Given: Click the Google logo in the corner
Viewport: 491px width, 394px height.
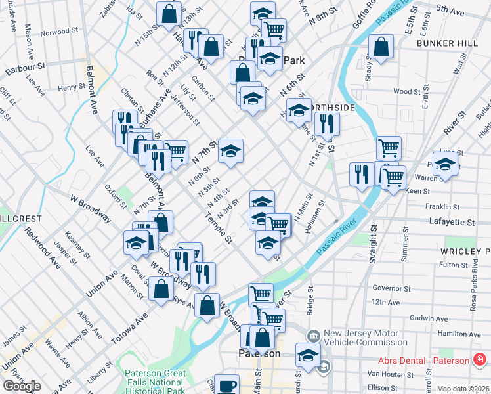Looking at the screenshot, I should pyautogui.click(x=22, y=386).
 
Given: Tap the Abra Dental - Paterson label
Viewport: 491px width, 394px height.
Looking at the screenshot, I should pyautogui.click(x=423, y=361).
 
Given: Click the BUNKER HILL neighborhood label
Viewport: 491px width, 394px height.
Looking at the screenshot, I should pyautogui.click(x=446, y=43).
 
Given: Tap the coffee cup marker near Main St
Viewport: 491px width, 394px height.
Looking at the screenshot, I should pyautogui.click(x=227, y=385).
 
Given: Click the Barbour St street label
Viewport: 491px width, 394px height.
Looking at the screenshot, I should pyautogui.click(x=23, y=66).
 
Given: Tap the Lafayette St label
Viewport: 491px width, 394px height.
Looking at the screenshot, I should pyautogui.click(x=451, y=223).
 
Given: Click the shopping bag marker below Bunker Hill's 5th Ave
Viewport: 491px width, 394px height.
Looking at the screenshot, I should pyautogui.click(x=381, y=47).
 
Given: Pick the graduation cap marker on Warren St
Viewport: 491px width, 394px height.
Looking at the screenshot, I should pyautogui.click(x=445, y=165).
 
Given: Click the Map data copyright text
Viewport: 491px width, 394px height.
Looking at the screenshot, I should pyautogui.click(x=463, y=389).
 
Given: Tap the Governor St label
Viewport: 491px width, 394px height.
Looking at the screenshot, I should pyautogui.click(x=391, y=288).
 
